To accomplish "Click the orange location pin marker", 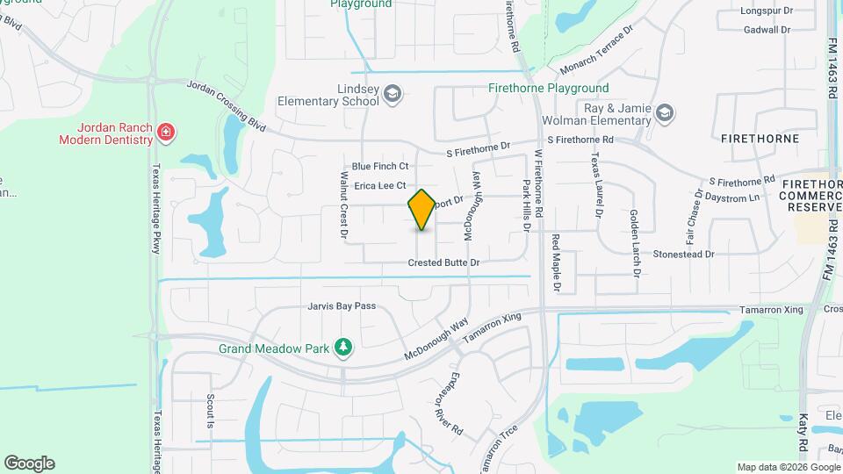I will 421,210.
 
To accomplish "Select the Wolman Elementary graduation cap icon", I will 665,111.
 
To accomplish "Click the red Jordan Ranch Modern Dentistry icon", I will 165,133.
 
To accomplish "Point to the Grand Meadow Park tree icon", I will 343,348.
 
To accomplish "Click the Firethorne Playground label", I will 548,89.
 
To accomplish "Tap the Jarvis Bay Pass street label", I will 342,306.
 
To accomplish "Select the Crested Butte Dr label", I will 443,263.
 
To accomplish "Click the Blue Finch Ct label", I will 380,166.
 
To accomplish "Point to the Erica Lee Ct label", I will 379,186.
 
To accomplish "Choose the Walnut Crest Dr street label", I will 343,205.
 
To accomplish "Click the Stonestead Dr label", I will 683,254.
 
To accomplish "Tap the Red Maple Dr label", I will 556,262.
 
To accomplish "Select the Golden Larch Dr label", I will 634,243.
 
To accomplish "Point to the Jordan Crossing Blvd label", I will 227,105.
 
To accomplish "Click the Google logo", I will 29,463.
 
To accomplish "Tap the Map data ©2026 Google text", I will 788,467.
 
